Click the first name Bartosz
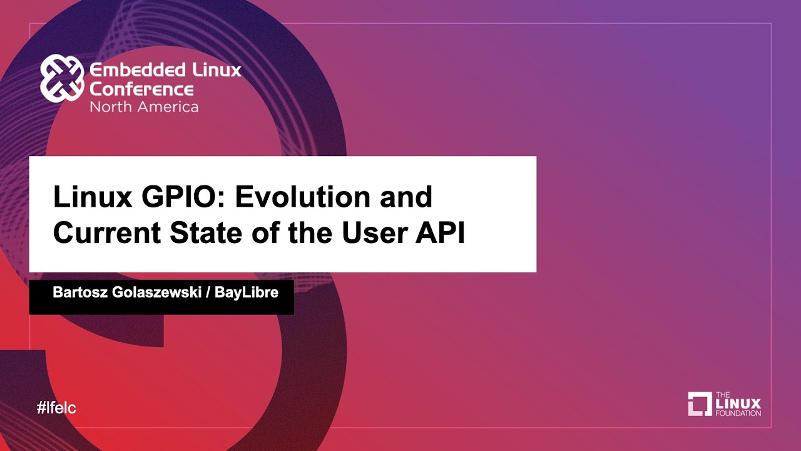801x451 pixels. (x=78, y=293)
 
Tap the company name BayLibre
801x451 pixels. (x=247, y=293)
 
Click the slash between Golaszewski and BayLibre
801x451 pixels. (x=207, y=293)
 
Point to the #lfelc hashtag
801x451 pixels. (x=56, y=408)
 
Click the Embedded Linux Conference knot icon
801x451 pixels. (x=62, y=78)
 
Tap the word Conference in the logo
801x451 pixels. (x=141, y=88)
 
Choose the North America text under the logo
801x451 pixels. (x=144, y=106)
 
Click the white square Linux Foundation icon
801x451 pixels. (x=700, y=404)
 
